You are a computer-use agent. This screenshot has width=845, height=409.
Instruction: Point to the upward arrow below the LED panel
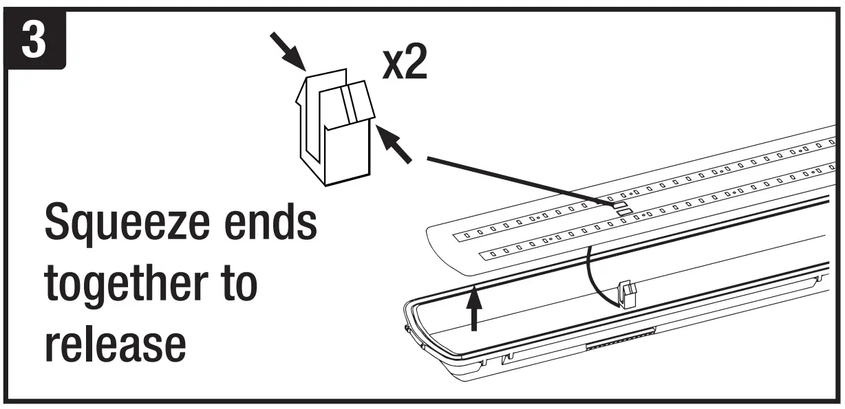473,309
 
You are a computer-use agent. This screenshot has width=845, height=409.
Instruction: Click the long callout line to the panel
516,181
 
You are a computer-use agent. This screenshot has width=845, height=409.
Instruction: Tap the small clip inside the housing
626,294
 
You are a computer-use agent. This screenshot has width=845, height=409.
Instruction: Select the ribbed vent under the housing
619,339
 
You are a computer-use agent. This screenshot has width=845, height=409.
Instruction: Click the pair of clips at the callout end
620,208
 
